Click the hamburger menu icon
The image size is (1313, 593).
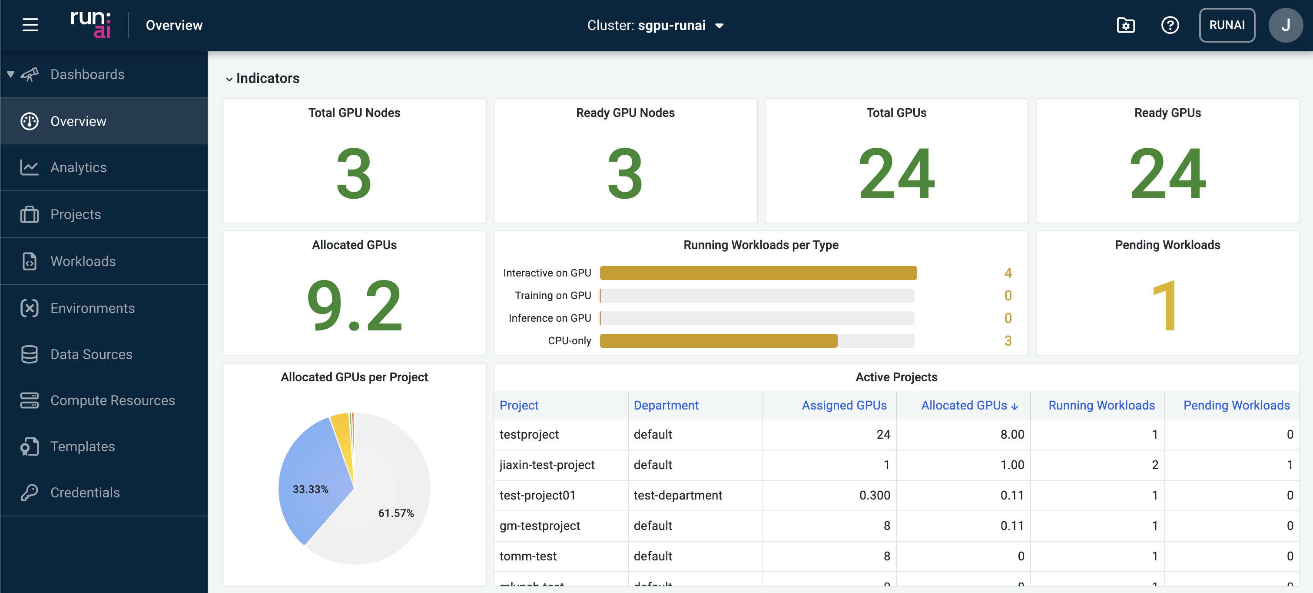30,25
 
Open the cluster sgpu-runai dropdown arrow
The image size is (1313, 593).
719,26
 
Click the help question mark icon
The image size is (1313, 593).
1170,25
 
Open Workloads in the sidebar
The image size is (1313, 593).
83,261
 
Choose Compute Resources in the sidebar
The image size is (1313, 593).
112,400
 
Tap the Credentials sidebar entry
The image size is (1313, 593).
85,493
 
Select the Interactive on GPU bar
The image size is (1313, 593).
758,273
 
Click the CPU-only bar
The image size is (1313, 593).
718,340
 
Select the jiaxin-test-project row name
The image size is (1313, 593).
547,465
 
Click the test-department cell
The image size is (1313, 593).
677,495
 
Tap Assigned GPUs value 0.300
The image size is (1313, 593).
874,495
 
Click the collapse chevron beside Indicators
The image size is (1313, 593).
229,79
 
